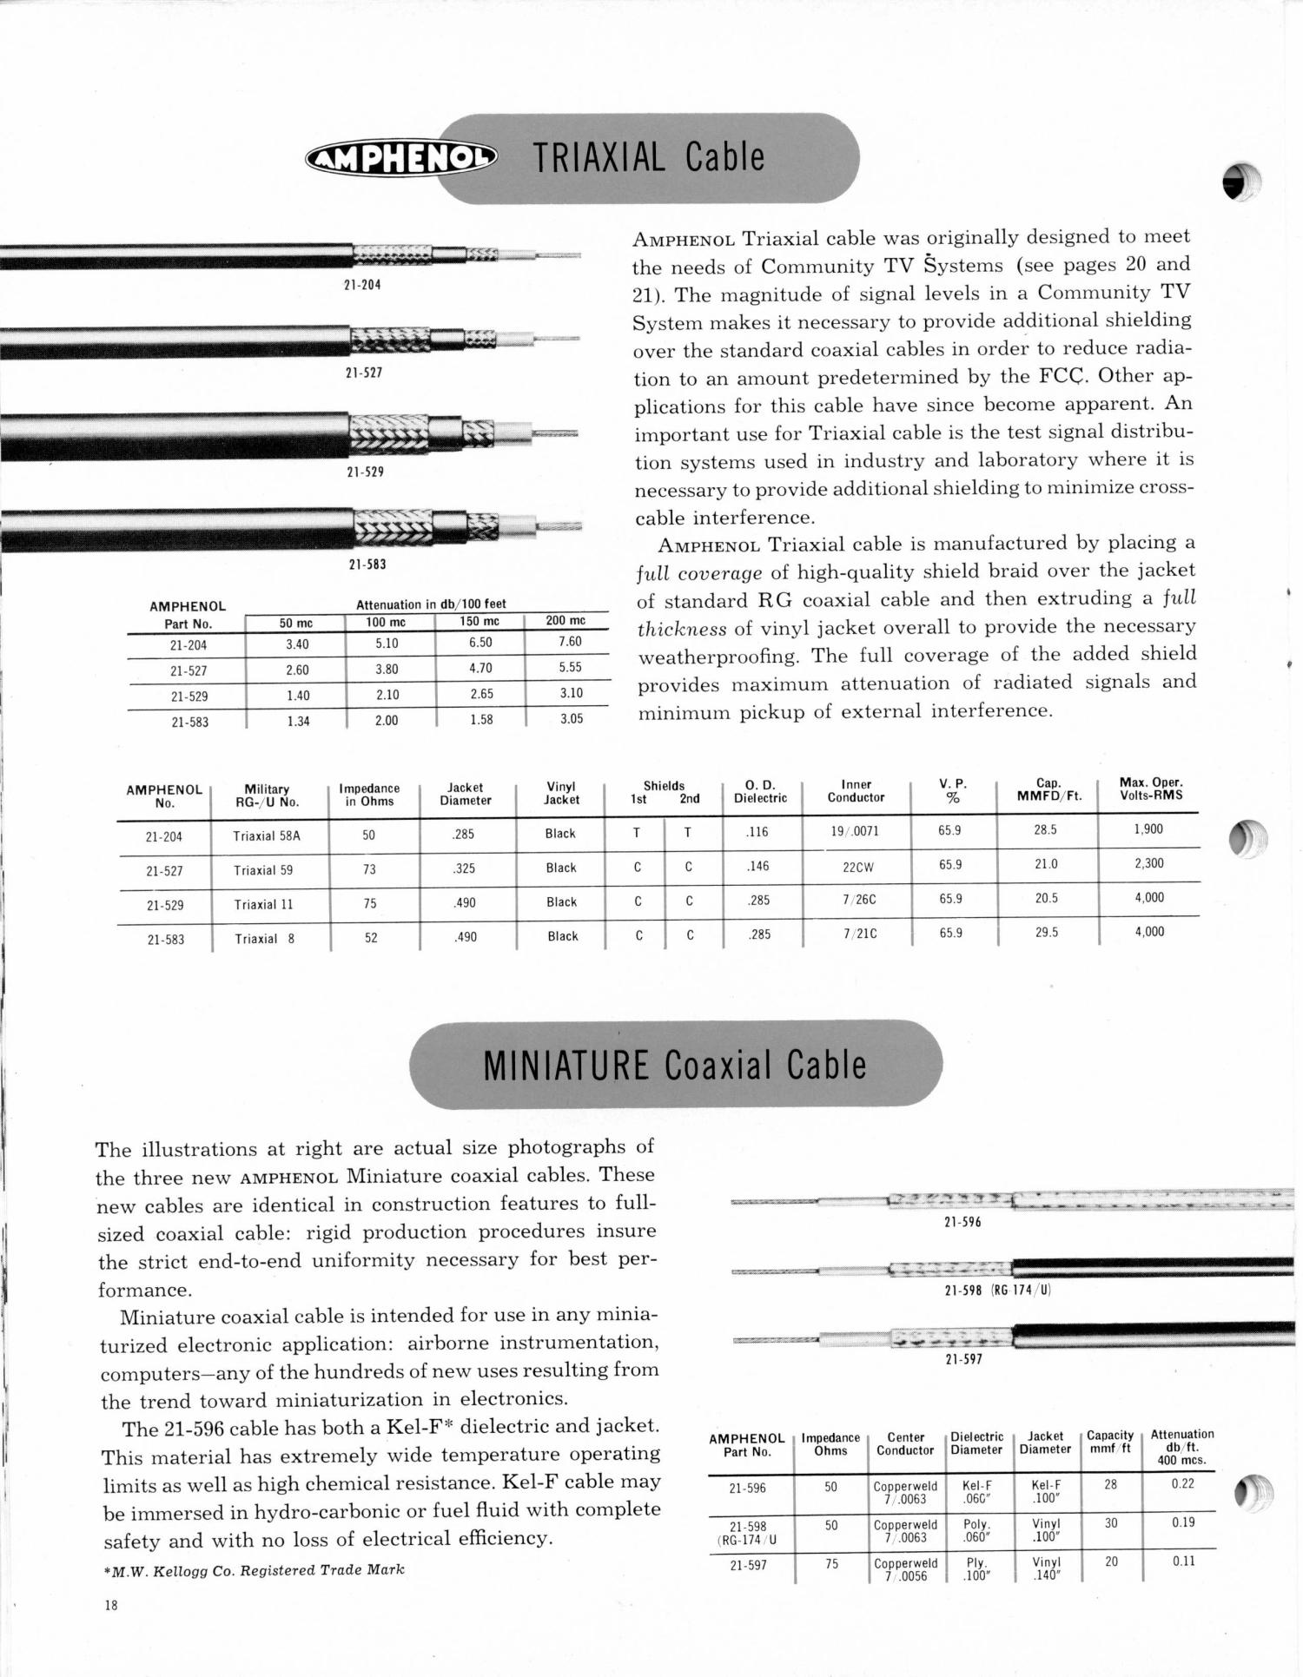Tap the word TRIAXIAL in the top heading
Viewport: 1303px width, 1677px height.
(599, 157)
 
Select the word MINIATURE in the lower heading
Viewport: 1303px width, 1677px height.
(566, 1066)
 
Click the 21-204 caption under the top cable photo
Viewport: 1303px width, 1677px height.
(363, 285)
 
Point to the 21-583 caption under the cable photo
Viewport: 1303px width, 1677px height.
(367, 565)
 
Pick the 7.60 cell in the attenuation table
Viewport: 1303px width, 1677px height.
(570, 642)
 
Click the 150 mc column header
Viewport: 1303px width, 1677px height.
(480, 622)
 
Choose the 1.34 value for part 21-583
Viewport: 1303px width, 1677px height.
(298, 721)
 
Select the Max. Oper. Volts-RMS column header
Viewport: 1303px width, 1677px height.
(1151, 789)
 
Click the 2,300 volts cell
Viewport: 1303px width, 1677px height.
(1148, 863)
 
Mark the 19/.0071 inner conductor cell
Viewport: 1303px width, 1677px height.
(855, 831)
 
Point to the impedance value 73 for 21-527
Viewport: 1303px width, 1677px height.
(369, 869)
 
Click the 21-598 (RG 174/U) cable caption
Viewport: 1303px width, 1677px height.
(997, 1290)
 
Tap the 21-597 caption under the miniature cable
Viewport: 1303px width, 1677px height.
(963, 1359)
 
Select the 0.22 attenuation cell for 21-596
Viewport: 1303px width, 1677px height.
(1182, 1483)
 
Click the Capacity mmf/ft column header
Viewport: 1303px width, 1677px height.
(1110, 1442)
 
